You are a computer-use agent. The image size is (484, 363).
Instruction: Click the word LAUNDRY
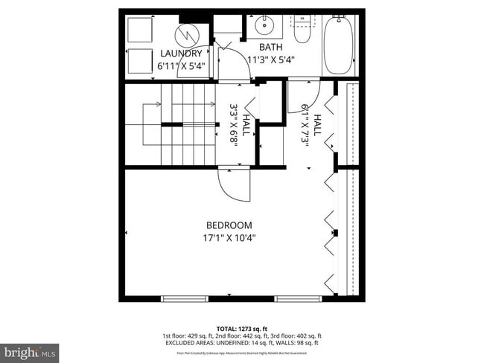[180, 54]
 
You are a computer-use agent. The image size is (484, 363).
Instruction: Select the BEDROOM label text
[229, 225]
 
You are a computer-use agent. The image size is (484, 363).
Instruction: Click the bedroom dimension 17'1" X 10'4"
[229, 238]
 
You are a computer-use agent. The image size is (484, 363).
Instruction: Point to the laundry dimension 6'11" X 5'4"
[180, 66]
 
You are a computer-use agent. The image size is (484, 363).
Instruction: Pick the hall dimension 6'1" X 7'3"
[312, 126]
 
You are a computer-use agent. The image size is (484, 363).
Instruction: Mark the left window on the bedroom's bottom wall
[185, 299]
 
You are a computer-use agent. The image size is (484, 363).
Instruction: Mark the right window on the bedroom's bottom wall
[298, 299]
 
